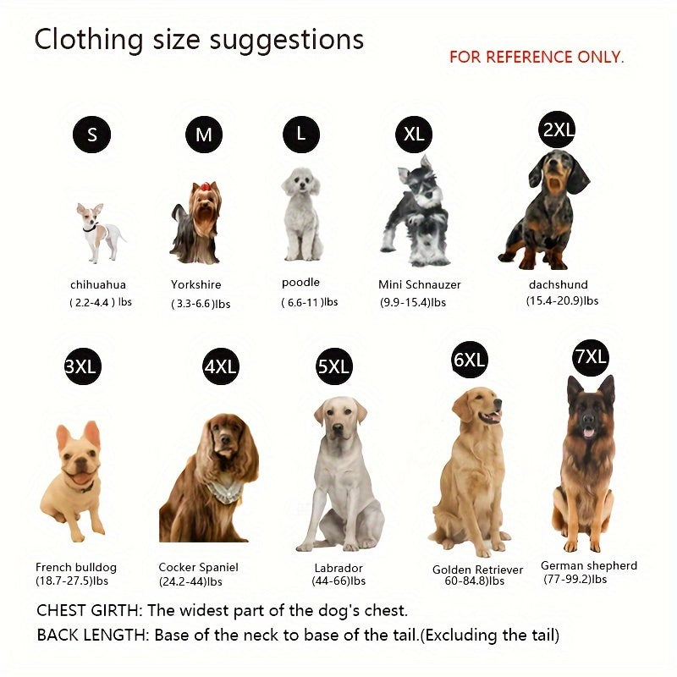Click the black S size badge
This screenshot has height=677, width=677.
point(91,135)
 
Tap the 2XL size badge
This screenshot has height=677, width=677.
point(558,129)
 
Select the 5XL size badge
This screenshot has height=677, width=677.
point(333,366)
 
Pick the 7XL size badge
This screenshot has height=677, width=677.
point(590,357)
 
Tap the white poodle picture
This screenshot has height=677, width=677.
point(301,213)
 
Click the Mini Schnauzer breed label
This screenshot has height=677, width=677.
point(420,285)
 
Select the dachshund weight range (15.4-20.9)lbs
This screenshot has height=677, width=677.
point(562,301)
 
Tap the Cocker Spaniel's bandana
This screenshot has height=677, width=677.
point(224,492)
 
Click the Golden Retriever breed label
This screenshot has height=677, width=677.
point(477,570)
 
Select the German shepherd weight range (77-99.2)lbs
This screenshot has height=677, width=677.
point(575,580)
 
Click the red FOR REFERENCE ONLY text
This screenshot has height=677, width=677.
point(537,58)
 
